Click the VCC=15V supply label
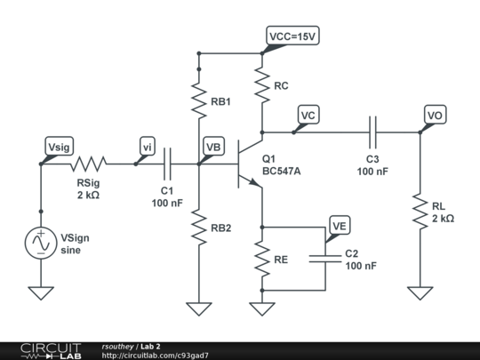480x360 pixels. coord(293,36)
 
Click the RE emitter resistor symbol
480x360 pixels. coord(262,259)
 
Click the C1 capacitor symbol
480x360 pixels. coord(168,163)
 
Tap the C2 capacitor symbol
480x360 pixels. coord(326,259)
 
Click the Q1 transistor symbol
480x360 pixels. coord(252,164)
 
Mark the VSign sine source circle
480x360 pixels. coord(41,243)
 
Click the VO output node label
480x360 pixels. coord(435,116)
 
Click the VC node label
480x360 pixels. coord(308,116)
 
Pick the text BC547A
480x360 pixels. coord(282,172)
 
